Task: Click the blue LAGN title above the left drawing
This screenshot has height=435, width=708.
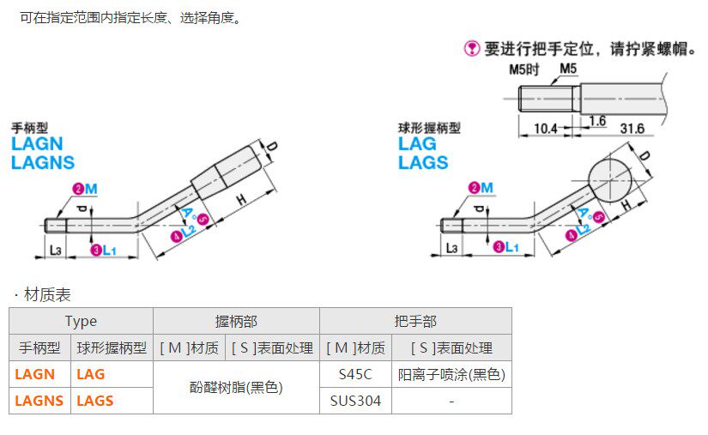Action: tap(37, 145)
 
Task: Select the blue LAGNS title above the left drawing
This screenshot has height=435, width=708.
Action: tap(43, 162)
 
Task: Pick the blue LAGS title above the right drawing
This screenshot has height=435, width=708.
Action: tap(423, 162)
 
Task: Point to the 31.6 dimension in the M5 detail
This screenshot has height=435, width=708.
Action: tap(632, 129)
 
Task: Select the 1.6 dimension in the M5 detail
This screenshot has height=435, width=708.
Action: tap(597, 121)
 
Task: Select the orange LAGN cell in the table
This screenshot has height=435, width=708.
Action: tap(35, 374)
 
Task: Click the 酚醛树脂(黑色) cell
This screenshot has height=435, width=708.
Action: tap(236, 387)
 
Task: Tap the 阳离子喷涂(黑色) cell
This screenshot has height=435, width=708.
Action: tap(451, 374)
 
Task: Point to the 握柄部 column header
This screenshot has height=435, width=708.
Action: tap(236, 321)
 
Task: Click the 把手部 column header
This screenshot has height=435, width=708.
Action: tap(415, 321)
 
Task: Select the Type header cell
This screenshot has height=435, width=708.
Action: tap(81, 321)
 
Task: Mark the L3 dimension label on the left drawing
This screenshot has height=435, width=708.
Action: tap(56, 249)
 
